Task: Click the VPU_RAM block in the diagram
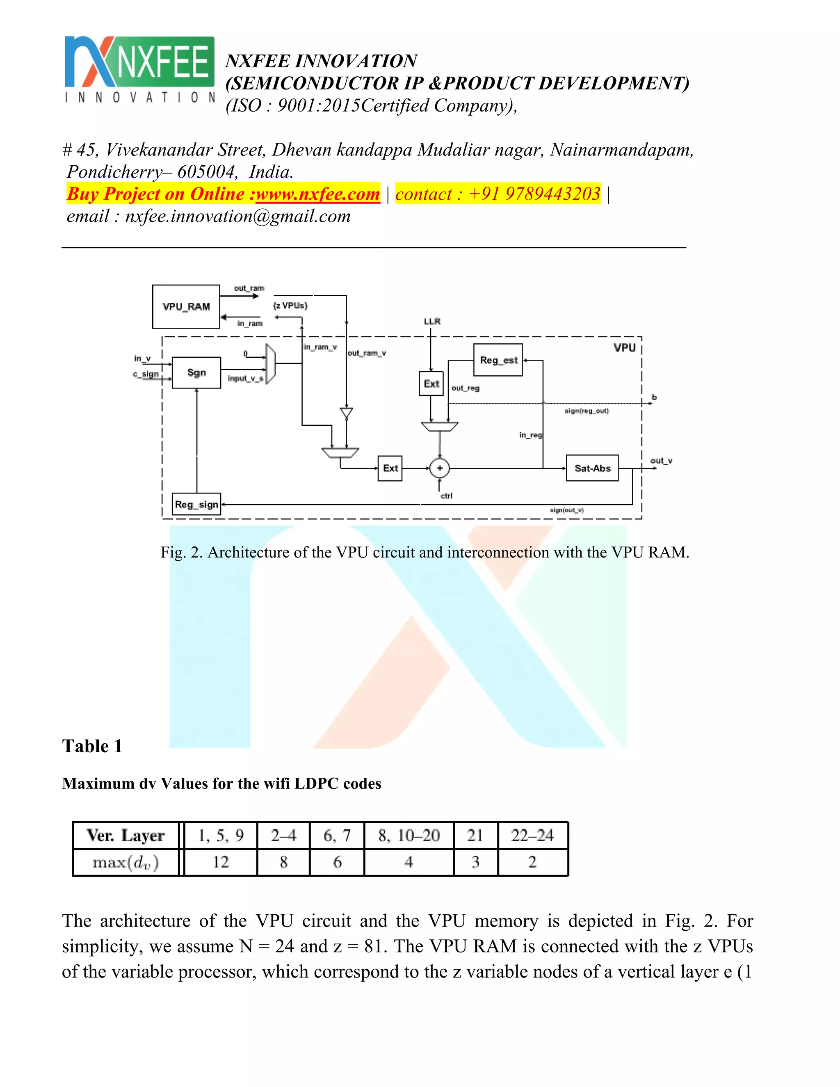point(186,306)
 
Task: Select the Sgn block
point(196,373)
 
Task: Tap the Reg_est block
point(498,360)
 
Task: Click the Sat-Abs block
point(592,468)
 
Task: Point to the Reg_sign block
point(196,504)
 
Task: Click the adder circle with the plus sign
point(439,468)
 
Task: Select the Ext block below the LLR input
point(431,384)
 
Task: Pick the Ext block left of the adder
point(390,468)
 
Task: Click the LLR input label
point(432,322)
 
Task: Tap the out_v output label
point(661,461)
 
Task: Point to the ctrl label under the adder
point(446,496)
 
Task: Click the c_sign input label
point(146,374)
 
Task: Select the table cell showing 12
point(220,862)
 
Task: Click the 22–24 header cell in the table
point(532,835)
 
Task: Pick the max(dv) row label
point(126,862)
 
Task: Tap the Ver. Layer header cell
point(126,835)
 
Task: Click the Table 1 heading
point(92,746)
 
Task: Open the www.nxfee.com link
point(317,194)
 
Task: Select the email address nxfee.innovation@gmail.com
point(237,216)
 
